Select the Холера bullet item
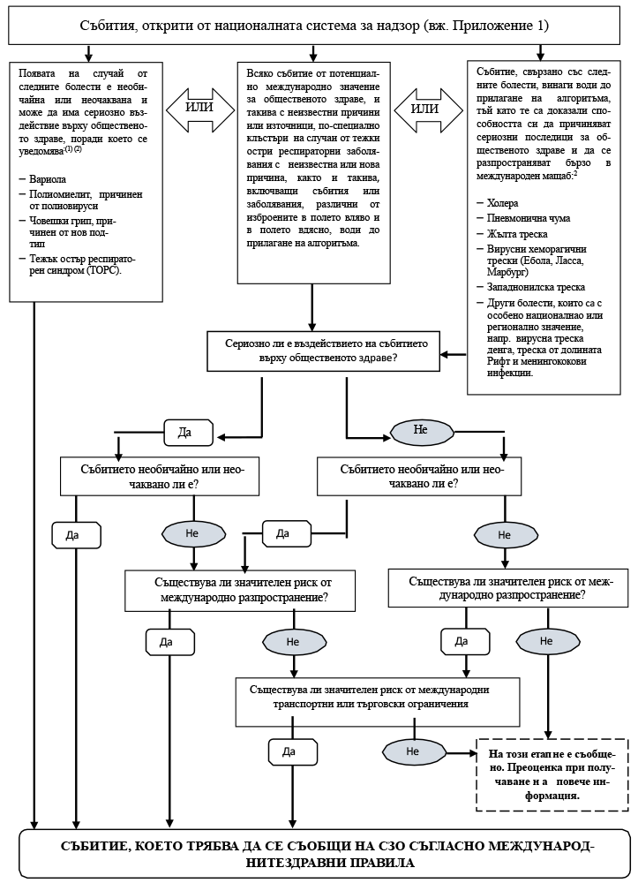coord(504,202)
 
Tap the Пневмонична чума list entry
coord(529,218)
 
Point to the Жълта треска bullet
coord(517,234)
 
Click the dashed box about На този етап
coord(544,774)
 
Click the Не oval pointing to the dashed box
coord(411,751)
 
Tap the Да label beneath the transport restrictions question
coord(288,751)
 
